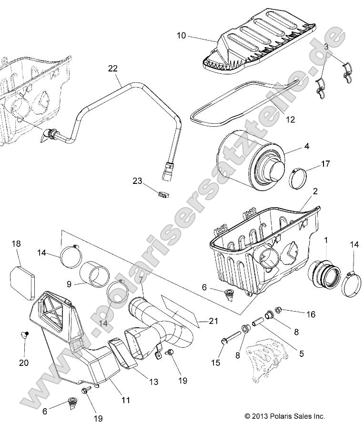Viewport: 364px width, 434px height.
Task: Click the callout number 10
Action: (x=182, y=36)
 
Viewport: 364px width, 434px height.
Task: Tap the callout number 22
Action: (x=112, y=69)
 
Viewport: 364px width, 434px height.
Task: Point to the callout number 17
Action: (x=325, y=164)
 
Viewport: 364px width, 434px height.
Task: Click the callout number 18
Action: (x=16, y=243)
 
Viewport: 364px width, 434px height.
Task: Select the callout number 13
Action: (x=153, y=382)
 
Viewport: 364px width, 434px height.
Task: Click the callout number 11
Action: (x=125, y=401)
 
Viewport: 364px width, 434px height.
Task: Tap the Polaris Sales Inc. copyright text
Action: (x=284, y=416)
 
